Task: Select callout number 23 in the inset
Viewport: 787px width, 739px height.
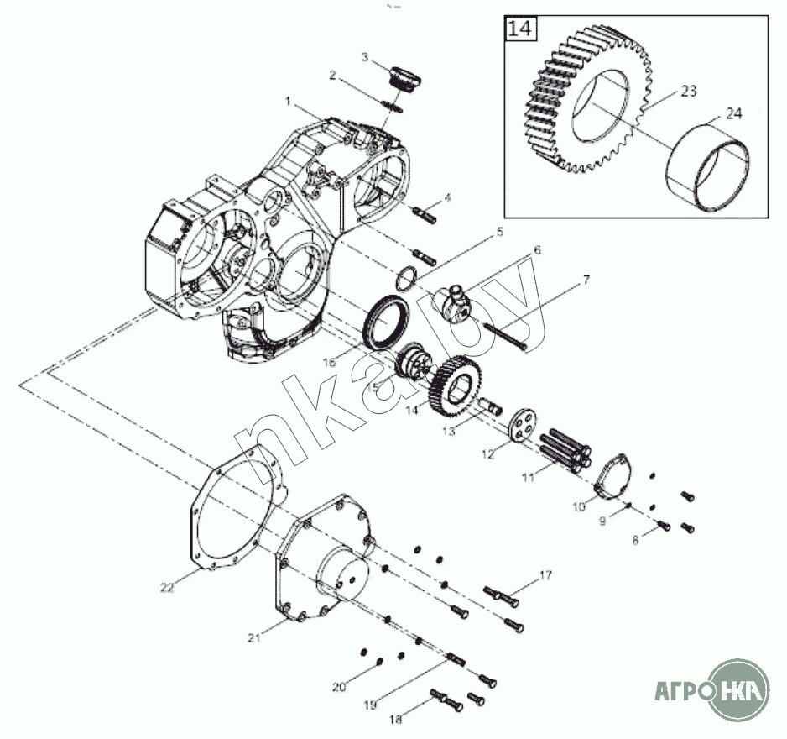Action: point(688,92)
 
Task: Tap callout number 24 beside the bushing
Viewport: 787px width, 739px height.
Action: point(733,114)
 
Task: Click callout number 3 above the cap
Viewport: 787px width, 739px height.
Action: point(365,56)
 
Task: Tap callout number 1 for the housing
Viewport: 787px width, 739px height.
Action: point(288,101)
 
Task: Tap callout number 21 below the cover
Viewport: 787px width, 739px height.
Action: point(253,637)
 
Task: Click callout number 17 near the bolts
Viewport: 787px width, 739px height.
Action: point(545,575)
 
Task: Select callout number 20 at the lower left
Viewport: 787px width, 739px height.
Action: point(339,687)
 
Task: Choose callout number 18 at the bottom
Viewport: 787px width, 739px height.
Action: point(396,720)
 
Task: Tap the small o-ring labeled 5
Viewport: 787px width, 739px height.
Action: point(406,275)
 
